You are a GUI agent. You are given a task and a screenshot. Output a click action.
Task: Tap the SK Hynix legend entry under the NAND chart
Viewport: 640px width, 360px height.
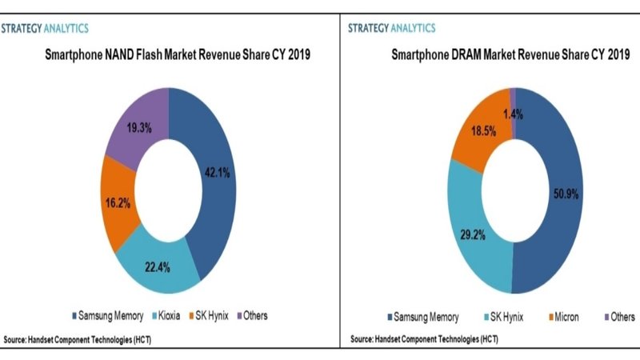click(210, 315)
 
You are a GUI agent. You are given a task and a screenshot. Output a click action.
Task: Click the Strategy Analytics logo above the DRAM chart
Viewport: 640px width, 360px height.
click(391, 28)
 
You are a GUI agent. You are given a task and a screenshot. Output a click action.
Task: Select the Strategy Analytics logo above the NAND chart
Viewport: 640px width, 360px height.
click(45, 28)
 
